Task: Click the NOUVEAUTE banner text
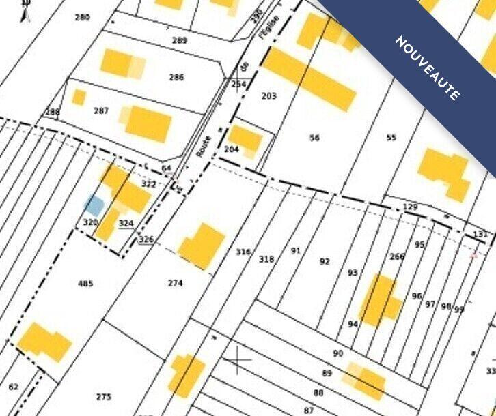(x=428, y=68)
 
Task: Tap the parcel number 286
(x=176, y=78)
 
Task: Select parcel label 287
(x=101, y=110)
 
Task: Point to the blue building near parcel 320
(x=94, y=205)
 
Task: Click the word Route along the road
(x=204, y=147)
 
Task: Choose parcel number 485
(x=85, y=284)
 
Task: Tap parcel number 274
(x=176, y=283)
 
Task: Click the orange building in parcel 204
(x=245, y=140)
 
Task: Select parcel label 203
(x=269, y=96)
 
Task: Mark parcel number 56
(x=314, y=138)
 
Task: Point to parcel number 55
(x=391, y=138)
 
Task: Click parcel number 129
(x=410, y=207)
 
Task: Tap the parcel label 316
(x=243, y=252)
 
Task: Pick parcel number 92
(x=325, y=261)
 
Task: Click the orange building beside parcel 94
(x=380, y=299)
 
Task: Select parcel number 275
(x=104, y=397)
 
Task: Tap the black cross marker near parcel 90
(x=238, y=359)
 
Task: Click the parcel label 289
(x=179, y=41)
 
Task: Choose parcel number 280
(x=82, y=17)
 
